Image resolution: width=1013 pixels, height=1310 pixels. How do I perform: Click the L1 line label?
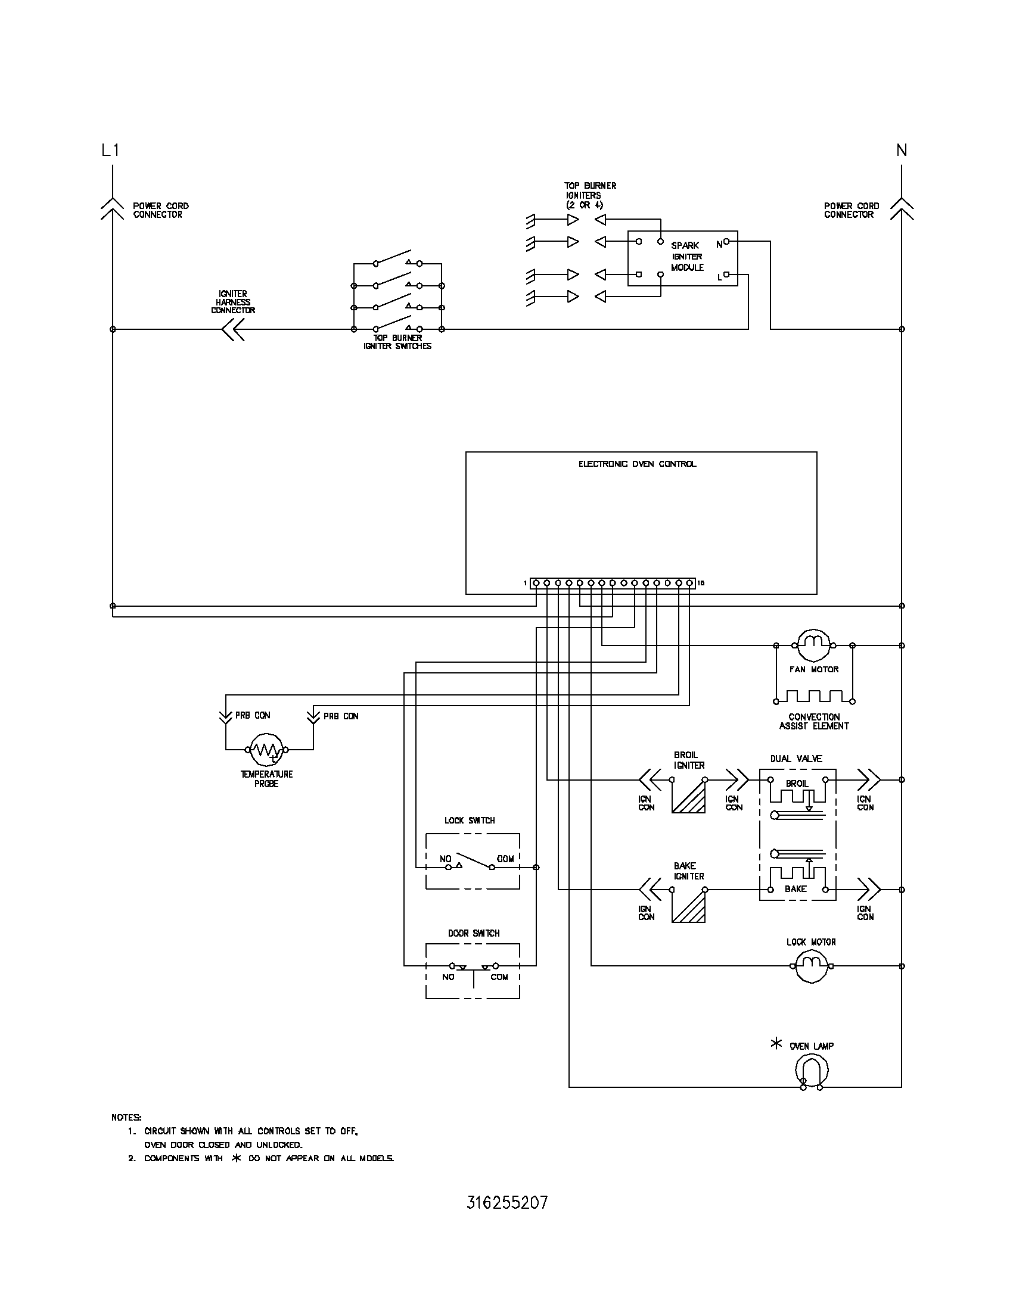pos(110,150)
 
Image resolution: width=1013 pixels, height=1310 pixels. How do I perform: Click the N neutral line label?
pos(902,150)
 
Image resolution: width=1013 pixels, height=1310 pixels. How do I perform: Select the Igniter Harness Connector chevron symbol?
pos(233,329)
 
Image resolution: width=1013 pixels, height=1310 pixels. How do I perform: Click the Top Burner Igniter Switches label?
pos(397,342)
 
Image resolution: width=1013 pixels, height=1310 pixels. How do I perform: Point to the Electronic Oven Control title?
pos(638,464)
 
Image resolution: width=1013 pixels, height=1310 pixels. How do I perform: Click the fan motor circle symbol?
pos(815,645)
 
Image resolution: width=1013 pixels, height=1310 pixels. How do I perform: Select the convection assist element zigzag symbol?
pos(815,697)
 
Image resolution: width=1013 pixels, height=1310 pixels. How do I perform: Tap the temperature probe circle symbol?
pos(266,749)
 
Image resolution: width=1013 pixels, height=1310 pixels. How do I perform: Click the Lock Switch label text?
pos(470,821)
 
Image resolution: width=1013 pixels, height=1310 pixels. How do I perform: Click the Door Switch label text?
pos(474,933)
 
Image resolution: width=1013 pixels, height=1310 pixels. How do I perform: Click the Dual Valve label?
pos(796,759)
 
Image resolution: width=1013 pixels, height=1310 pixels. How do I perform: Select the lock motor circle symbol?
pos(812,966)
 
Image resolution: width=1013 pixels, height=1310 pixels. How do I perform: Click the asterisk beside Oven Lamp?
pos(776,1044)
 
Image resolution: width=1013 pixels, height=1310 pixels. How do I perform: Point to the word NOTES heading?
pos(126,1118)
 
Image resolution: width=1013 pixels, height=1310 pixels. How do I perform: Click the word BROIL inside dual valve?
pos(797,784)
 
